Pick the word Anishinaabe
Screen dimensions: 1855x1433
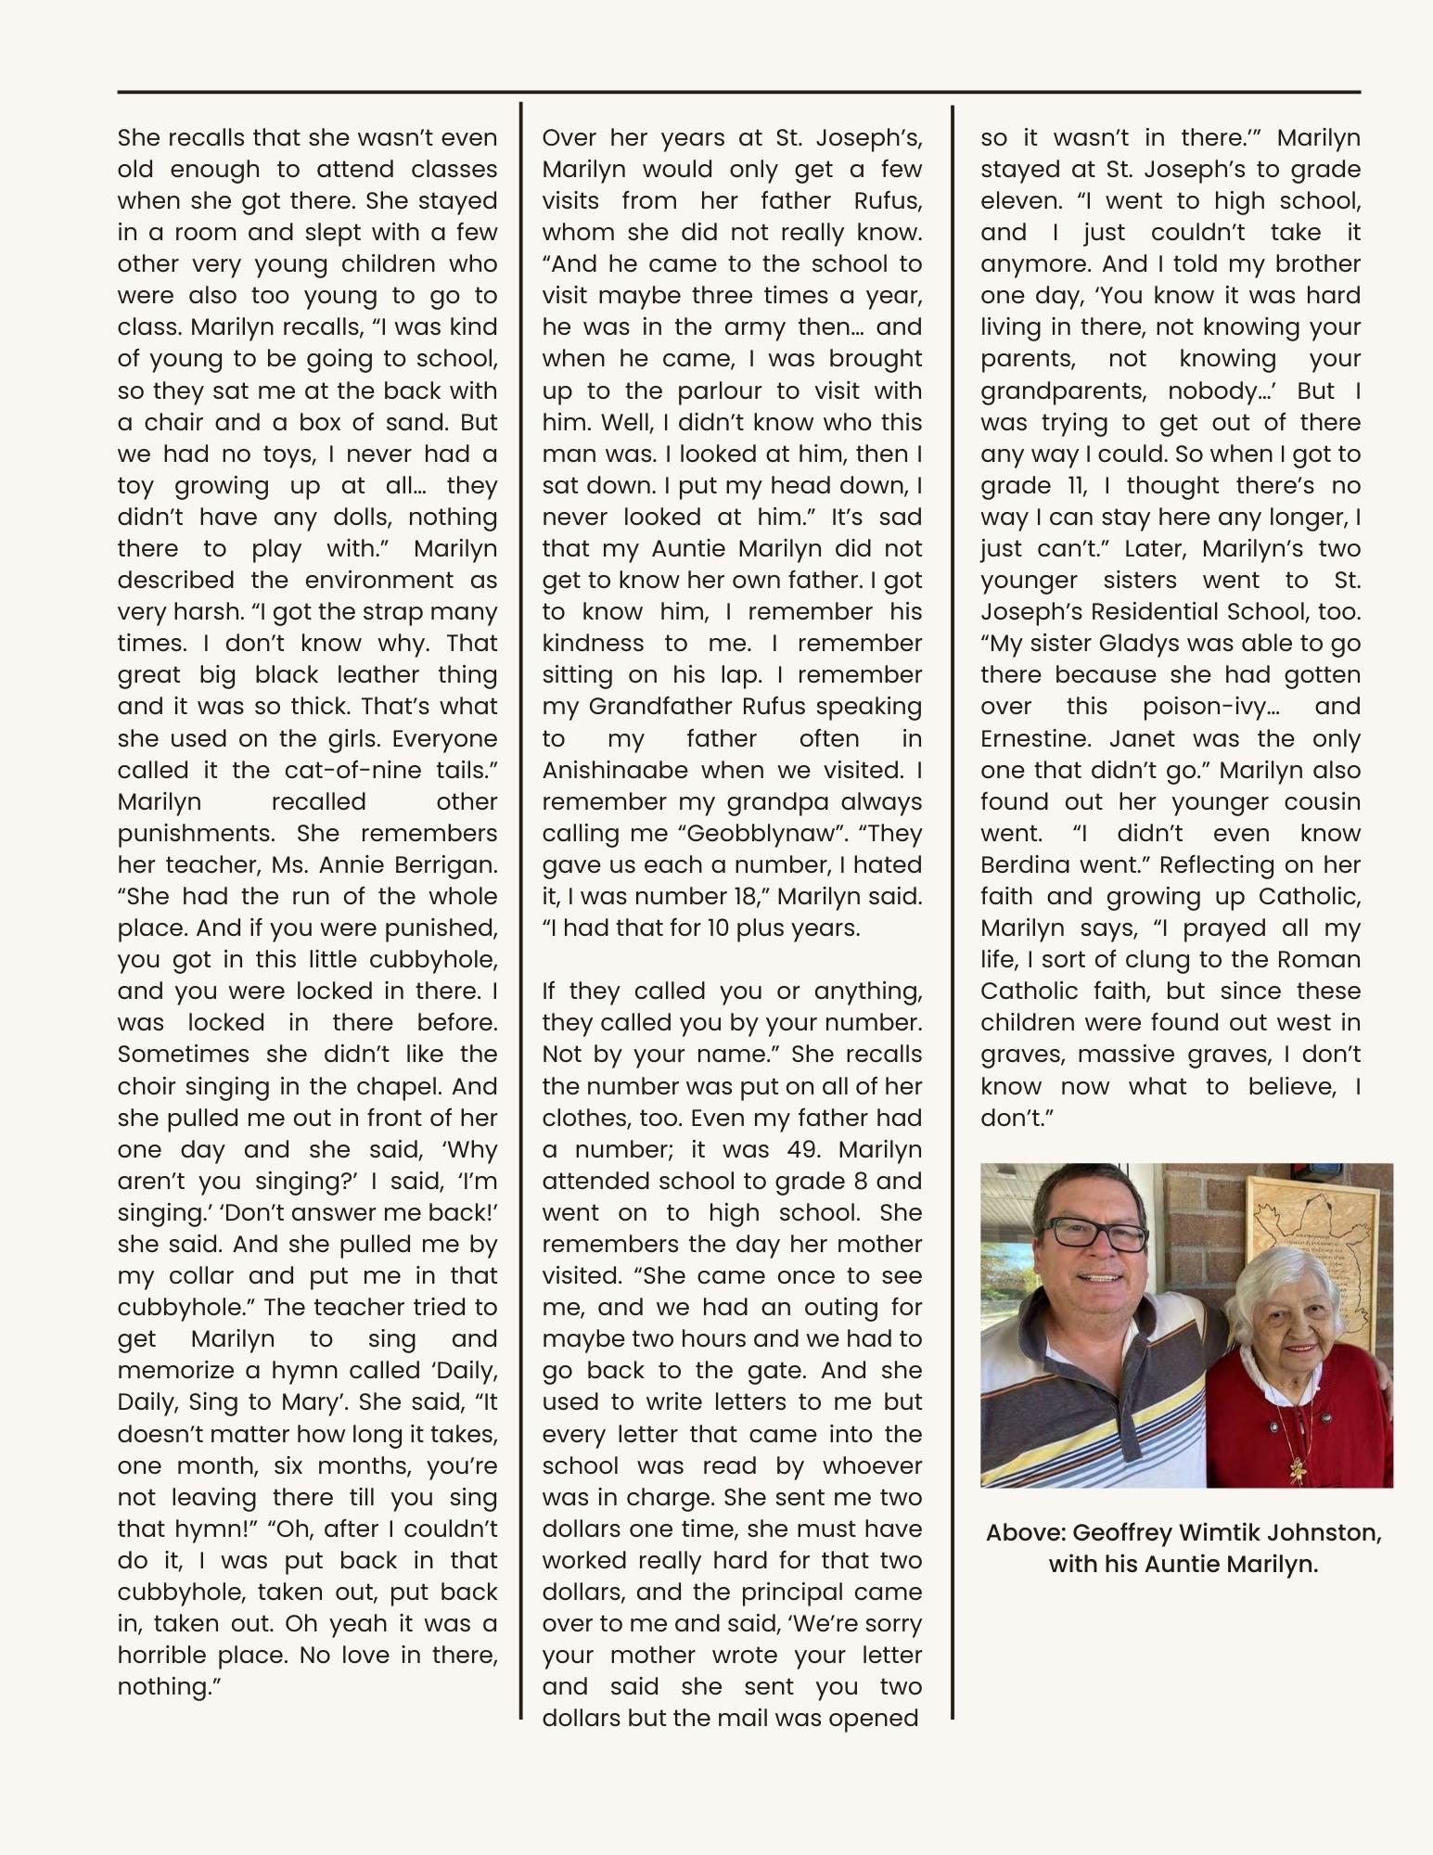615,771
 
